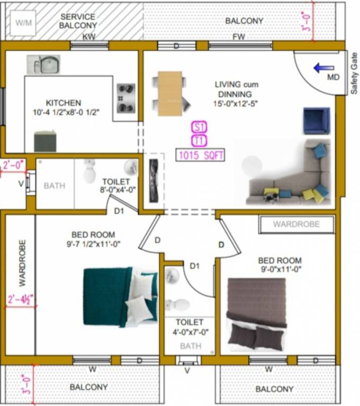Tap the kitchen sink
tap(44, 64)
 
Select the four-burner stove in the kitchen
tap(126, 98)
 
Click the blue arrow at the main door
tap(324, 68)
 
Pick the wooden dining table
tap(170, 94)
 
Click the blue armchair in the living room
tap(316, 121)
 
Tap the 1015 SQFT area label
tap(201, 155)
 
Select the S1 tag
tap(199, 127)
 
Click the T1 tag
tap(199, 141)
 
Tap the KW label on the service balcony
tap(89, 36)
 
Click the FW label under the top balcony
tap(239, 36)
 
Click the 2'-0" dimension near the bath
tap(13, 165)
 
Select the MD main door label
tap(333, 78)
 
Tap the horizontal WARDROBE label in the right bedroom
tap(296, 224)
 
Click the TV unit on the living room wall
tap(154, 179)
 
